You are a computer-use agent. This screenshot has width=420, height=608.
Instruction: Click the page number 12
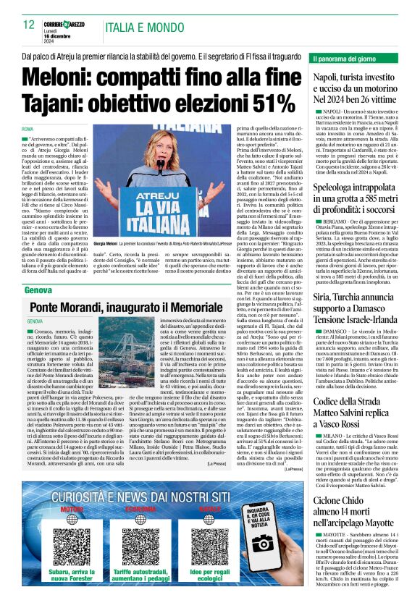tap(28, 25)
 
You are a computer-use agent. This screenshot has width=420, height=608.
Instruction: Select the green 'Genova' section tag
tap(38, 290)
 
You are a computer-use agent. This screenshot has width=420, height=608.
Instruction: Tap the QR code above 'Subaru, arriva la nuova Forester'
tap(72, 529)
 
